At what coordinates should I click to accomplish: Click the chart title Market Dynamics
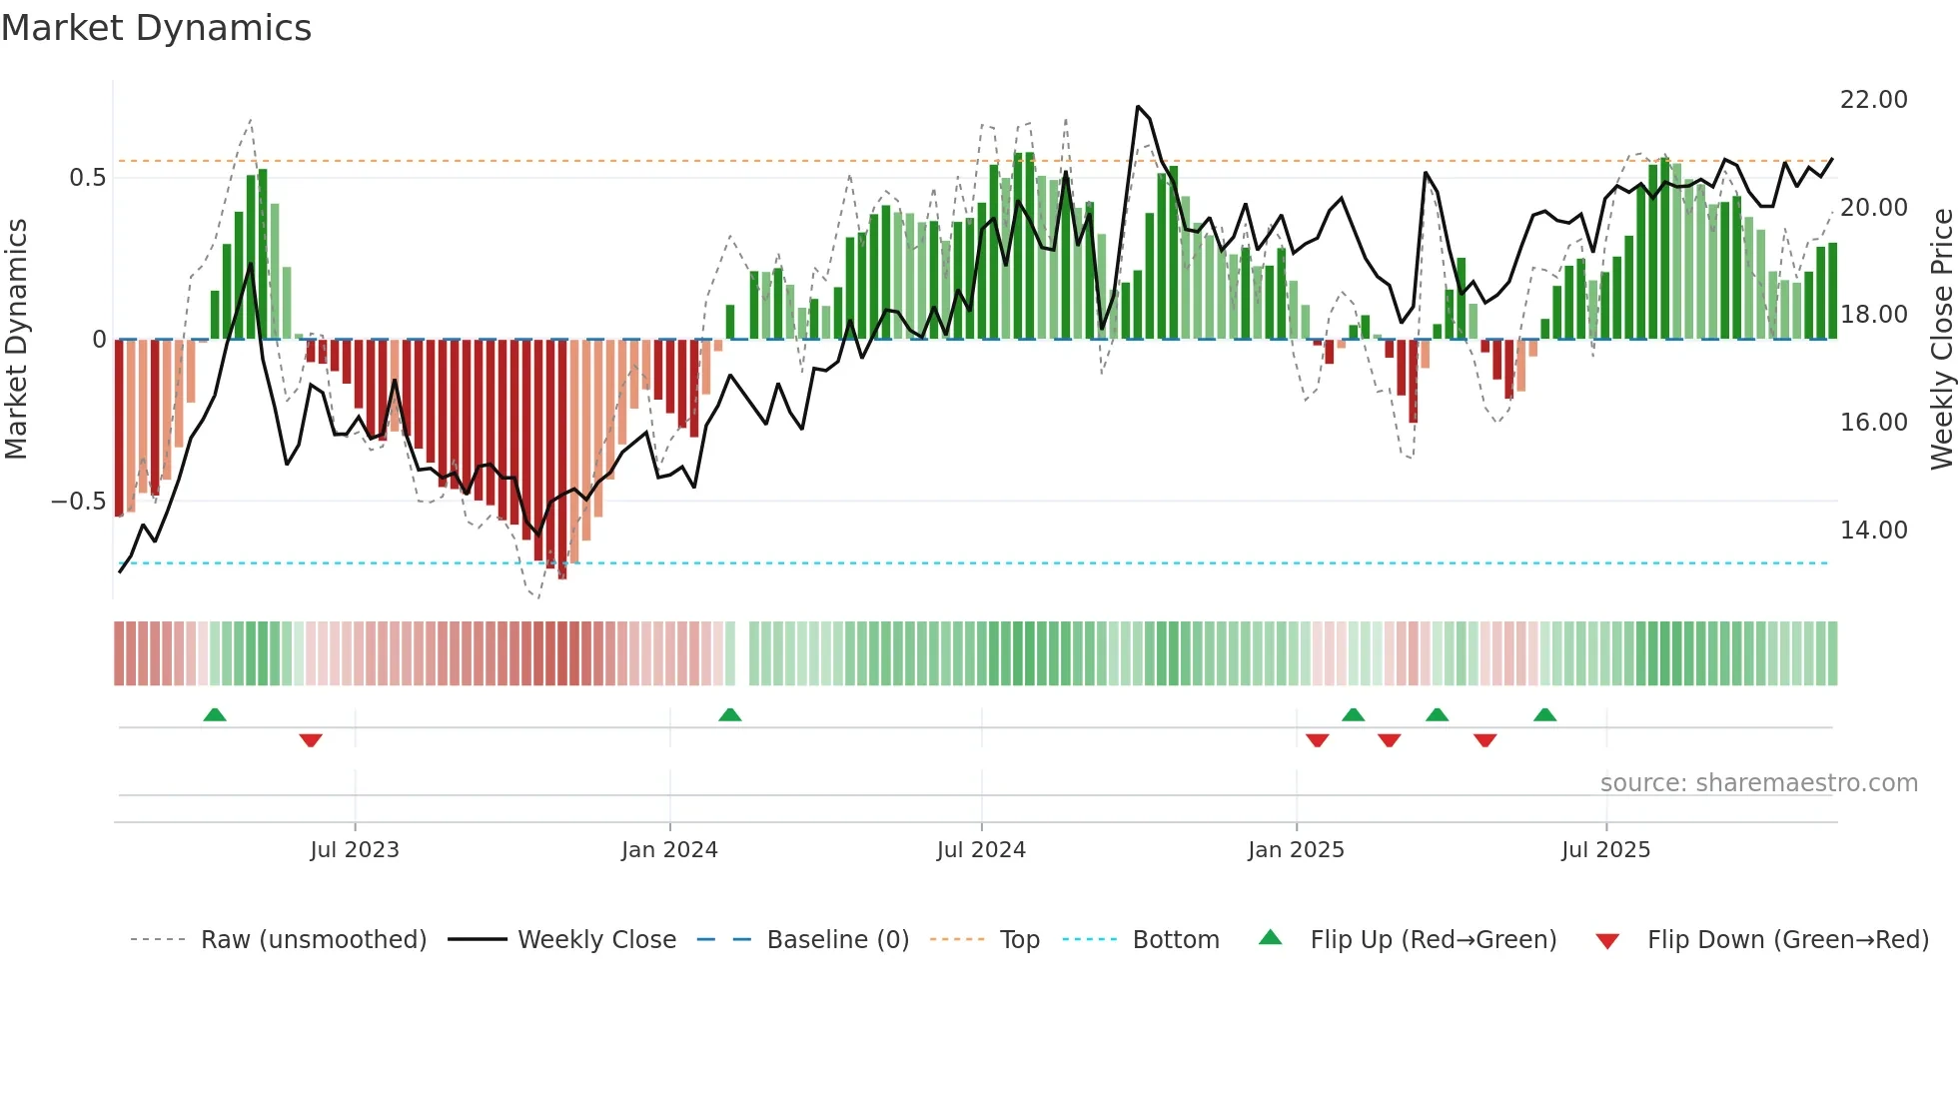tap(156, 28)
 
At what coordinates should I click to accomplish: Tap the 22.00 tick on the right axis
tap(1873, 100)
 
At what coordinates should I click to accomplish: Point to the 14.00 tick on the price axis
tap(1873, 531)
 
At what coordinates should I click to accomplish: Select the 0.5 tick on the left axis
tap(87, 178)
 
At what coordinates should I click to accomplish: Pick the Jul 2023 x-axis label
tap(355, 850)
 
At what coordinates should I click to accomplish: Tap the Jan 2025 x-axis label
tap(1296, 850)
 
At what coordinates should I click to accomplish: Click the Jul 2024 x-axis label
tap(981, 850)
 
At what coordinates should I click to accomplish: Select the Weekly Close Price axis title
tap(1941, 340)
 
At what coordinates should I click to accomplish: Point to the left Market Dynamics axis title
tap(16, 340)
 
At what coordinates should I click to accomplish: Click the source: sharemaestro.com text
tap(1758, 783)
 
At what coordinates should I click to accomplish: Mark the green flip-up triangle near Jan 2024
tap(730, 714)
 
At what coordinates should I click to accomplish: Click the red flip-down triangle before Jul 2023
tap(311, 740)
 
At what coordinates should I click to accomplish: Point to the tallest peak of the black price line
tap(1138, 106)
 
